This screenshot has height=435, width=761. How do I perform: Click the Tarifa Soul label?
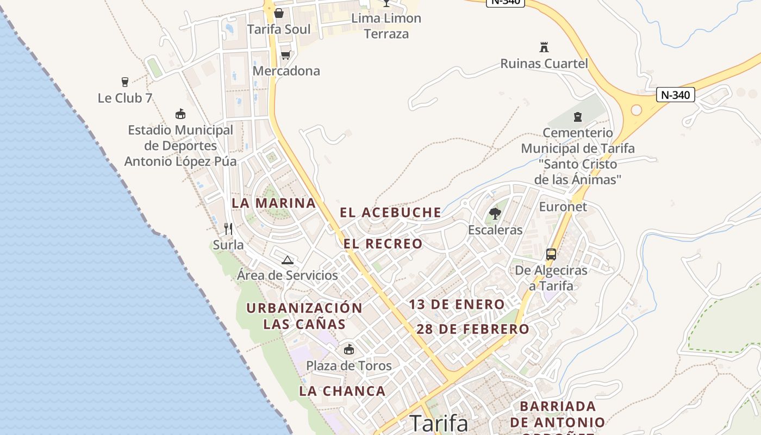279,29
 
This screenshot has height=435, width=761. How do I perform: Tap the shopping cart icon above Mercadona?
285,55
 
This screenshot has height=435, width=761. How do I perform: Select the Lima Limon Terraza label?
386,26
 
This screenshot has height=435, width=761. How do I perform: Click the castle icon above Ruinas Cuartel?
544,47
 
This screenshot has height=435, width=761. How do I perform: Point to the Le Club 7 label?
125,98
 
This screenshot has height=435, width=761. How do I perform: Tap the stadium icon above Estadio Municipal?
180,114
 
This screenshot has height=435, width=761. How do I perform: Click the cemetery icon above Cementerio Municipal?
577,116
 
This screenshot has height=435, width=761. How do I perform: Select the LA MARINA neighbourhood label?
273,203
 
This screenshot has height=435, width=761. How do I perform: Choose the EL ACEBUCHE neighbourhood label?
390,213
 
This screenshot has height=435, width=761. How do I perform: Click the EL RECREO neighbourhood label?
383,244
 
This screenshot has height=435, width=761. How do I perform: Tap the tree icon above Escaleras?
495,213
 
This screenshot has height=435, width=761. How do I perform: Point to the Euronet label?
563,207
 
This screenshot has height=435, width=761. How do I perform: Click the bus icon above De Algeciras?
551,254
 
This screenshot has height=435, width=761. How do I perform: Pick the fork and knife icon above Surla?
228,228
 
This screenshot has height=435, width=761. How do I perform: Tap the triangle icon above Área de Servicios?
288,260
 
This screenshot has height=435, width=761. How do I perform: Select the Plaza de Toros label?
348,365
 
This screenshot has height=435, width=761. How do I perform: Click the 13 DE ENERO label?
457,304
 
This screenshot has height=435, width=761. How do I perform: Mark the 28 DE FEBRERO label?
472,329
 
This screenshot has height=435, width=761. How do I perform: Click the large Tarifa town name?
438,423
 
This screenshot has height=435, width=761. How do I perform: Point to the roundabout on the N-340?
635,110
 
